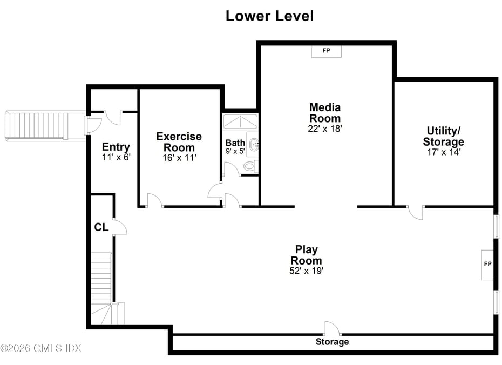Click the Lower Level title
pos(269,16)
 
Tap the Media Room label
pos(325,113)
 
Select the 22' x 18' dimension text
pos(325,129)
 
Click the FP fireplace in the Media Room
pos(326,51)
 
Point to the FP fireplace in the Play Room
pos(487,265)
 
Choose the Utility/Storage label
pos(443,136)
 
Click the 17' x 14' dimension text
pos(443,152)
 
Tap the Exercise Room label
pos(179,142)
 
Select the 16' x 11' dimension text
pos(179,158)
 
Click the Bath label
pos(235,143)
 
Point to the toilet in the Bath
pos(250,166)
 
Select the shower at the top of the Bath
pos(240,121)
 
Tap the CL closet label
pos(101,227)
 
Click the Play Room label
pos(307,255)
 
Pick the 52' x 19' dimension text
pos(307,271)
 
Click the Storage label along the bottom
pos(332,342)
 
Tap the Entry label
pos(116,147)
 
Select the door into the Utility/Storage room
pos(415,213)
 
